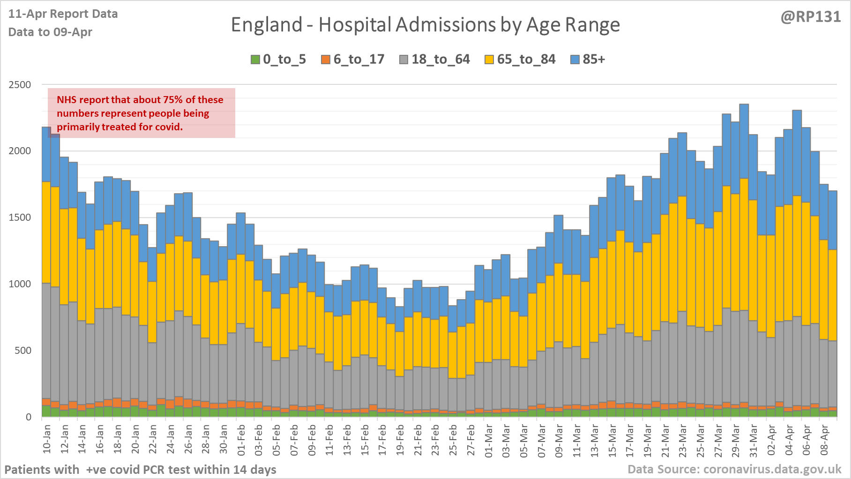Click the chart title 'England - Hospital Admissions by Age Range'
[425, 25]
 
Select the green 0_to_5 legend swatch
[255, 60]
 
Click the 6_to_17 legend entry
[352, 60]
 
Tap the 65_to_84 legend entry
[520, 60]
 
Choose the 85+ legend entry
[588, 60]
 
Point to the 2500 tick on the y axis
[20, 85]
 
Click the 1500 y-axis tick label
[20, 217]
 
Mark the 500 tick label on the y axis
[22, 351]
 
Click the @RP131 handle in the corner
[810, 17]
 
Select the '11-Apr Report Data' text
[63, 14]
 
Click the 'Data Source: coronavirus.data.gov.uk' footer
[734, 469]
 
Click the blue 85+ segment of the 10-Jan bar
[46, 154]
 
